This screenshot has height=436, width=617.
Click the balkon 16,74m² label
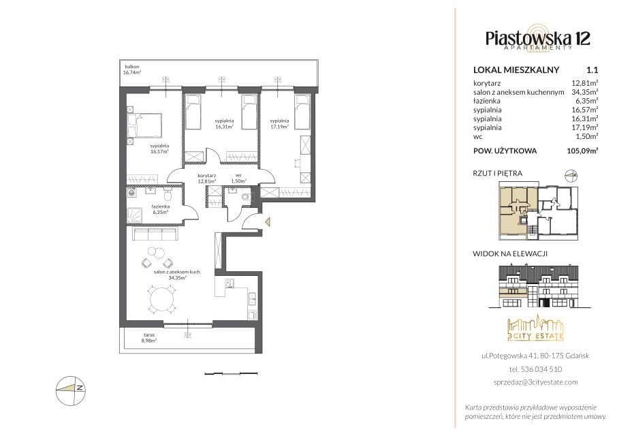[x=132, y=69]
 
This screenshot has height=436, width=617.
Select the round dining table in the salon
[x=161, y=300]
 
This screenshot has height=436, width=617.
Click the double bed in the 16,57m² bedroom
[x=144, y=125]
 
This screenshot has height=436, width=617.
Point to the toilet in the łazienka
[x=168, y=194]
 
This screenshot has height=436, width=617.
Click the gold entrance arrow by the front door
[x=268, y=222]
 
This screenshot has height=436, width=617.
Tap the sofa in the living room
[x=155, y=234]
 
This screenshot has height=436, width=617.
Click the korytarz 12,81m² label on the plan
[x=206, y=178]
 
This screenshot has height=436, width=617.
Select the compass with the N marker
[x=71, y=390]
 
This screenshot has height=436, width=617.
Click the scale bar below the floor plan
[x=232, y=373]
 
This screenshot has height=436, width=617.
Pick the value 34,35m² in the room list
[x=585, y=92]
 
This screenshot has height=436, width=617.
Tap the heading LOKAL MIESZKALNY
[x=516, y=70]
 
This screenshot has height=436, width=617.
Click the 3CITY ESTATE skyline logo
[x=535, y=328]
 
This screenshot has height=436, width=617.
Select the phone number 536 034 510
[x=541, y=369]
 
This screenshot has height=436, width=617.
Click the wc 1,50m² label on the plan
[x=238, y=178]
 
